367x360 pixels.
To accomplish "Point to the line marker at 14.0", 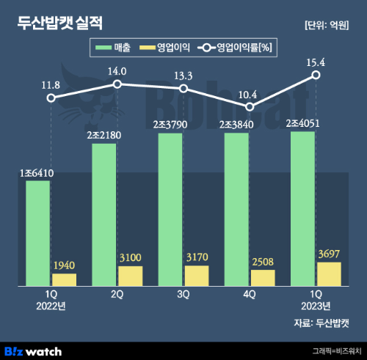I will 117,84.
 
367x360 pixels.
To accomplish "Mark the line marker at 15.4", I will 316,75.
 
